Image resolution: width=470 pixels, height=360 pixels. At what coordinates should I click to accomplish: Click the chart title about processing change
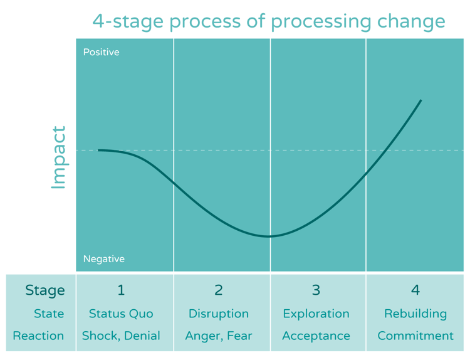pos(269,21)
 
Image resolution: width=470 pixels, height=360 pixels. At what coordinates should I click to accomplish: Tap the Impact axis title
pos(58,157)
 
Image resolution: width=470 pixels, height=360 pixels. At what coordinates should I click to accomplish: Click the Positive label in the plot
pos(101,52)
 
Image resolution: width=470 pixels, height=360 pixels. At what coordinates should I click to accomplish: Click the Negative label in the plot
pos(103,259)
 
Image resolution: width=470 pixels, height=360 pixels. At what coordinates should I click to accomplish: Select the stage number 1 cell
pos(121,290)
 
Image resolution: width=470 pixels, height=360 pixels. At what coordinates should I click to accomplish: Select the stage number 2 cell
pos(218,290)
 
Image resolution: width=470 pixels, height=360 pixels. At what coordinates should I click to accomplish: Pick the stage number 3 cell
pos(316,290)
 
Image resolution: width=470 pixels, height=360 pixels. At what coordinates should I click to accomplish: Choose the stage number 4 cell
pos(415,290)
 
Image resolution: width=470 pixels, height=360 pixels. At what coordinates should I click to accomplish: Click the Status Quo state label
pos(121,314)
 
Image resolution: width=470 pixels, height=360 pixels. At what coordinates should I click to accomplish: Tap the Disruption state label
pos(218,314)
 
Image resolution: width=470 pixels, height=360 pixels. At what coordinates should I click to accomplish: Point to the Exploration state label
pos(316,314)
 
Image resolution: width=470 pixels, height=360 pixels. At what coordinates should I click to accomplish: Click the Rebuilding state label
pos(415,314)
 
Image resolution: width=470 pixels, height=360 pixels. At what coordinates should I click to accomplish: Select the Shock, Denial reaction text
pos(121,336)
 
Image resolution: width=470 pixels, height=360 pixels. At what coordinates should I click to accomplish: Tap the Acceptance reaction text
pos(316,336)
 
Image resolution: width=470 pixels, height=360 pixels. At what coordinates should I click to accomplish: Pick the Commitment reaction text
pos(415,336)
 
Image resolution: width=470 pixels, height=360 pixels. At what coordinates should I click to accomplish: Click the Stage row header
pos(44,290)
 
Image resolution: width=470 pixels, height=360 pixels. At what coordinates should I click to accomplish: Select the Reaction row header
pos(38,336)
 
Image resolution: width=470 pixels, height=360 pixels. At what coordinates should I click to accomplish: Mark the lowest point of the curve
pos(269,236)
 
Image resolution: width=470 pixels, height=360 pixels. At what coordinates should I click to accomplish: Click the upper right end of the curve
pos(420,100)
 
